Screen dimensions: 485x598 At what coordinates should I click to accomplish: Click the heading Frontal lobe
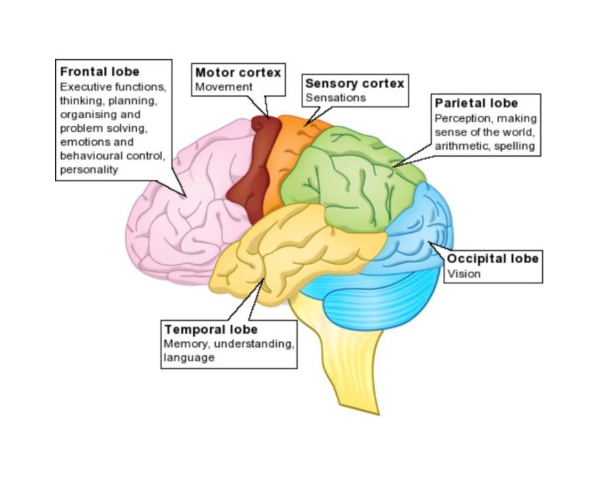point(100,71)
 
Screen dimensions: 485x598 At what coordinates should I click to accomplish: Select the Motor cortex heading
point(238,72)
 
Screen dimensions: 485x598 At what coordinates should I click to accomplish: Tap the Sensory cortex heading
point(355,83)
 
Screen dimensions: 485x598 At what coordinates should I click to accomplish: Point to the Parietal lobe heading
point(476,104)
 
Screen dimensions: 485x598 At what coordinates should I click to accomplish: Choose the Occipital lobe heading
point(493,259)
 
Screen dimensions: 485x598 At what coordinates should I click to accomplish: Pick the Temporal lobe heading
point(211,329)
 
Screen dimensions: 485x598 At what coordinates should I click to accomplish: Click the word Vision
point(464,274)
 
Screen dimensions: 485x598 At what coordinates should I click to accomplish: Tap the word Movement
point(224,87)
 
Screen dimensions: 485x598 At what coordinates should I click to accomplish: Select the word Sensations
point(335,98)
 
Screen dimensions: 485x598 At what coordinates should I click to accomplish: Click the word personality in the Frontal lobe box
point(89,170)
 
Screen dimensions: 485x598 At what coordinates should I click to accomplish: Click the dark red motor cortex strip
point(251,165)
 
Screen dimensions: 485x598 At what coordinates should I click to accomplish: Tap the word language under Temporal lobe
point(188,358)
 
